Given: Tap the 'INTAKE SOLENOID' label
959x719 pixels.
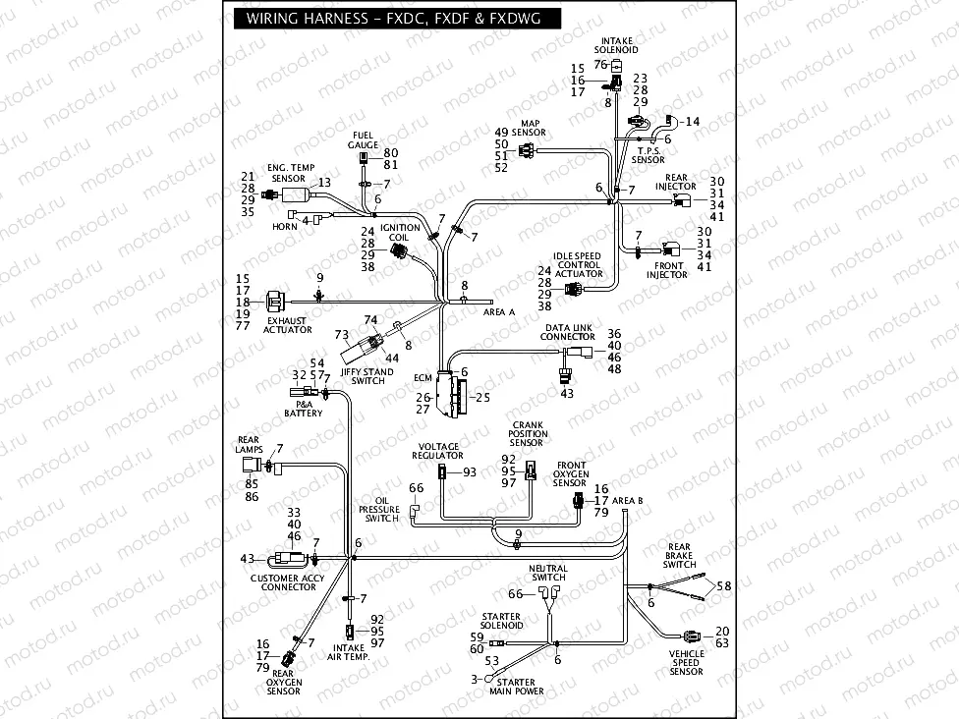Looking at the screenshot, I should click(x=616, y=44).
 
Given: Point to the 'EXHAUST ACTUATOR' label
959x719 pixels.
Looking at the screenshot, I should click(x=287, y=325).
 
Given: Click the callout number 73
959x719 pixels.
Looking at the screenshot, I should click(x=342, y=335).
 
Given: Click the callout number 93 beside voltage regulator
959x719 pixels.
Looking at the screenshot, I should click(x=470, y=472).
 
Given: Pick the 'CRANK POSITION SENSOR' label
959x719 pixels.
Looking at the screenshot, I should click(x=527, y=434).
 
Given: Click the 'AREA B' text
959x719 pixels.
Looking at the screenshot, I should click(x=628, y=500).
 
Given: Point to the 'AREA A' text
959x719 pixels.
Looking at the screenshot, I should click(x=499, y=311).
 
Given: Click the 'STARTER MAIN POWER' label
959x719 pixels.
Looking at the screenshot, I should click(x=516, y=687).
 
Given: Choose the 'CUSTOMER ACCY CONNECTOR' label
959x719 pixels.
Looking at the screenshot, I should click(x=287, y=582).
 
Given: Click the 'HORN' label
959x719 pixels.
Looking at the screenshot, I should click(x=284, y=226).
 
